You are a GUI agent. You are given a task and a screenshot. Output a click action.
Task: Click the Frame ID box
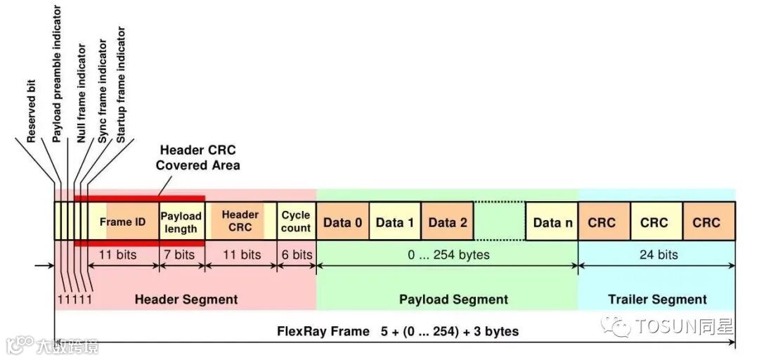click(x=123, y=221)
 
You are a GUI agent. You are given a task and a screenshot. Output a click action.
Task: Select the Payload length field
click(x=181, y=221)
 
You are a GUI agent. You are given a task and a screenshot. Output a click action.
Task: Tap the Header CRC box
click(x=240, y=221)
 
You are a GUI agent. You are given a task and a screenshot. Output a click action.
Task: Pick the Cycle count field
click(x=296, y=221)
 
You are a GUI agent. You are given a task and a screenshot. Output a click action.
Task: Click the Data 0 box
click(x=342, y=222)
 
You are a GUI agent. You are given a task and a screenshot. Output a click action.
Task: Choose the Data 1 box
click(x=395, y=222)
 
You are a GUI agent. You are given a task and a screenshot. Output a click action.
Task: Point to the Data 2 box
click(x=447, y=222)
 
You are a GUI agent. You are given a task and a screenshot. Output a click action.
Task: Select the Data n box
click(x=552, y=222)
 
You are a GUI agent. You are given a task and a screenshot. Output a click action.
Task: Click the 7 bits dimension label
click(x=180, y=254)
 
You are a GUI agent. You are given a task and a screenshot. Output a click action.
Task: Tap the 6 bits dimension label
click(x=296, y=254)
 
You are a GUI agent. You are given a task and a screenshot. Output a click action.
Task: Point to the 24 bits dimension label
click(x=658, y=254)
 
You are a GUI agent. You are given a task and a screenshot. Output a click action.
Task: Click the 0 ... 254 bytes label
click(x=448, y=254)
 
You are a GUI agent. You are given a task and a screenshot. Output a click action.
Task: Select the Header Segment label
click(x=186, y=299)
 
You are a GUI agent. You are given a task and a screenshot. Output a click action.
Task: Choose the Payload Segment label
click(x=453, y=299)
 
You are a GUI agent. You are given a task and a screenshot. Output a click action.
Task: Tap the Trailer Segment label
click(x=657, y=299)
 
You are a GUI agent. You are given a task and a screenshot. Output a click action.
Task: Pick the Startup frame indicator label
click(x=121, y=84)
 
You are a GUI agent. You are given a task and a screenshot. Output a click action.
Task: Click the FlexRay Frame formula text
click(x=398, y=330)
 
